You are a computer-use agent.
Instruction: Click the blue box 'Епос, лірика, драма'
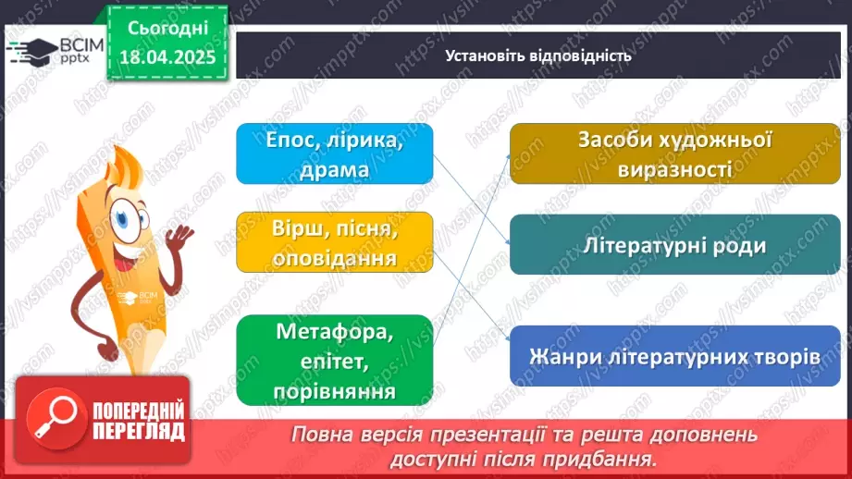[334, 154]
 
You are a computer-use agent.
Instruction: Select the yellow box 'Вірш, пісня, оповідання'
[334, 242]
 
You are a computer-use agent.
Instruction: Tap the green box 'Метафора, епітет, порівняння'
[334, 360]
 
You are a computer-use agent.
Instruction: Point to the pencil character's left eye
[120, 220]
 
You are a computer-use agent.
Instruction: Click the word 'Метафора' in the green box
[334, 332]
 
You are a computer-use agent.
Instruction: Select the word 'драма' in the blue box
[334, 170]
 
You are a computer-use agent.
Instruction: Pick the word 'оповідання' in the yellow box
[334, 258]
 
